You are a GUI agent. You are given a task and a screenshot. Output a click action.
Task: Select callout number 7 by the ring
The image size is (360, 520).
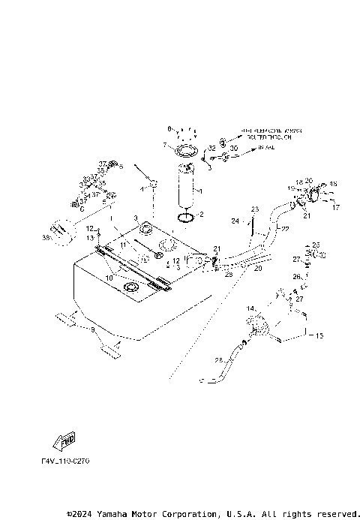coord(163,144)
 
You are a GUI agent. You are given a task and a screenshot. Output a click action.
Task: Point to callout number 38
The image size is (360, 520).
coord(46,238)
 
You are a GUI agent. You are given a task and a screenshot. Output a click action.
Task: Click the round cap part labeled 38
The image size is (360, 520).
coord(60,230)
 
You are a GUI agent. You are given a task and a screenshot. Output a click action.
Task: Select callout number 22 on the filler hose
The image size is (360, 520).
coord(285,228)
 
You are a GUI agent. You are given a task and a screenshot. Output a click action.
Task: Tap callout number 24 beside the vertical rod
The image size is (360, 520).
coord(234,221)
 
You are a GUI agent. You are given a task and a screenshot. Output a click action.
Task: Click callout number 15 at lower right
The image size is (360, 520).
coord(319,335)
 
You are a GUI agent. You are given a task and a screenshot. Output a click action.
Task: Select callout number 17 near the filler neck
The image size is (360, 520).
coord(336,207)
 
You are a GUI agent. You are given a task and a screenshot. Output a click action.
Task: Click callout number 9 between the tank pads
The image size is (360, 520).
coord(92,329)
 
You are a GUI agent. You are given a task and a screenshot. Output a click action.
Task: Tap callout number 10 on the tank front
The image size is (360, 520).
coord(109,278)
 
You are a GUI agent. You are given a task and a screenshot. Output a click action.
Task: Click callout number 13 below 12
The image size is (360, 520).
coord(88,238)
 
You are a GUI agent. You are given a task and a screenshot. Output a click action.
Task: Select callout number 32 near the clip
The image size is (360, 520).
coord(212,149)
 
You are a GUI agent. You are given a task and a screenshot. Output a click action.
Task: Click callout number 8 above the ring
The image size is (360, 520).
coord(169,128)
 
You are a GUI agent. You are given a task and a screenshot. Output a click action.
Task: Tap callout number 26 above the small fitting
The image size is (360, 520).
coord(295,277)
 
